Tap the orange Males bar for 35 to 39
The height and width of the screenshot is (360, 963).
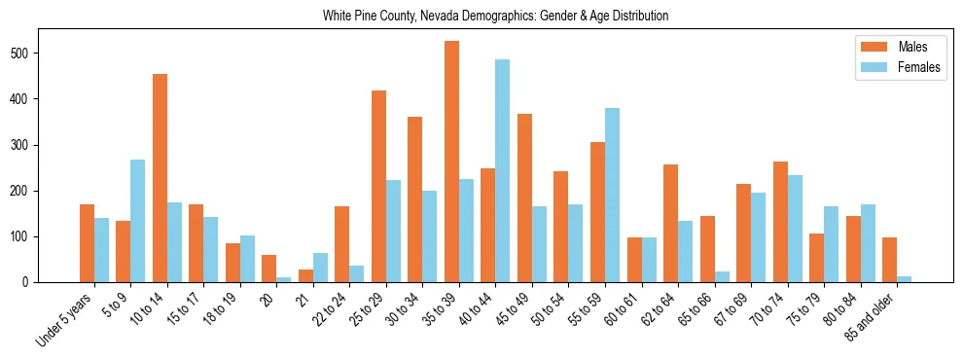click(x=451, y=162)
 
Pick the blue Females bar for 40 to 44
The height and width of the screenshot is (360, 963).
click(x=502, y=171)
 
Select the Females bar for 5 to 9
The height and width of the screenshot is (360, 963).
click(x=138, y=221)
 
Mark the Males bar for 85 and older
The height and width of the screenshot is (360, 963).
click(x=889, y=260)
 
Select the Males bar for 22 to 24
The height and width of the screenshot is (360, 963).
click(x=342, y=244)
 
